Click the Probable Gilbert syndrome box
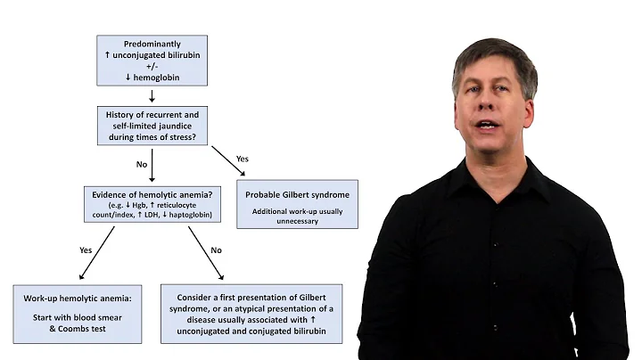pyautogui.click(x=292, y=204)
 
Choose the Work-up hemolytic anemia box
pyautogui.click(x=78, y=314)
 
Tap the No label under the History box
pyautogui.click(x=140, y=164)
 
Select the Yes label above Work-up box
pyautogui.click(x=86, y=250)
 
